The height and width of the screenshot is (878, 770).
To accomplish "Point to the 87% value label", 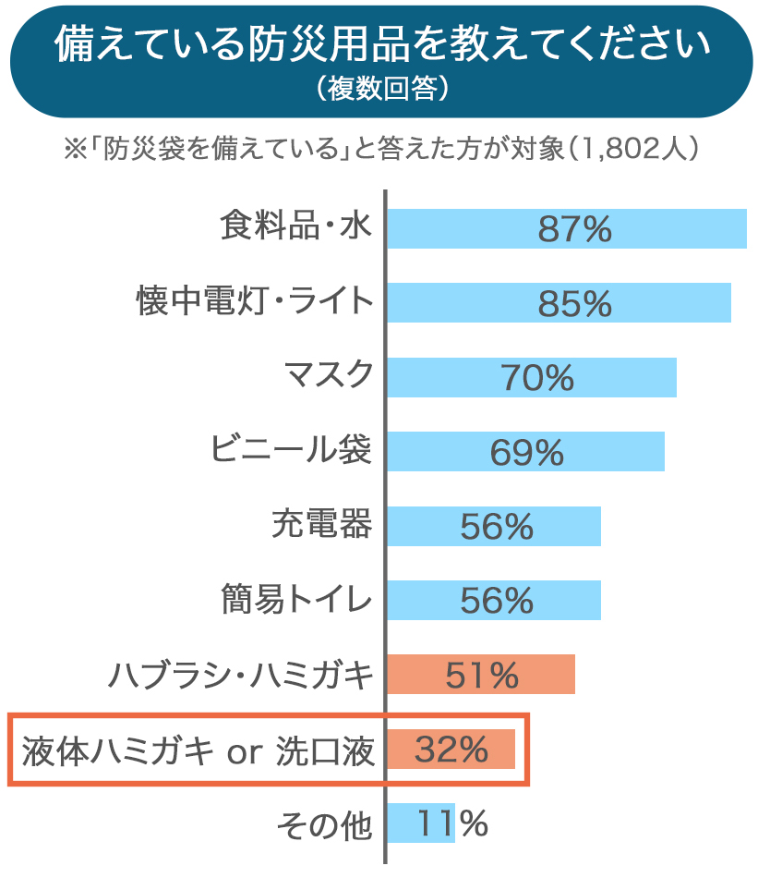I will coord(574,229).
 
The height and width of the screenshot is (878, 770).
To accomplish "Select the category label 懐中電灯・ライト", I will coord(256,302).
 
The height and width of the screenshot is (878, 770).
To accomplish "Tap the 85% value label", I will coord(574,303).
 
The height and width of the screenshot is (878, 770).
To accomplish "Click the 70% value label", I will coord(537,377).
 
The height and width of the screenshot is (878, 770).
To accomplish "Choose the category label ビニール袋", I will coord(291,450).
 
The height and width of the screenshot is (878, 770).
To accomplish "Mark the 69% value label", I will coord(525,452).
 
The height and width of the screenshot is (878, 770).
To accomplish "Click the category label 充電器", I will coord(322,524).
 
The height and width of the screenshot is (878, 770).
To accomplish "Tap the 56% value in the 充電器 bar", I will coord(496,526).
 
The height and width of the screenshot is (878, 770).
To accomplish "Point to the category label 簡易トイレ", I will coord(297,600).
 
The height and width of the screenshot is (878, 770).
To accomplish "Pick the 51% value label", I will coord(482,676).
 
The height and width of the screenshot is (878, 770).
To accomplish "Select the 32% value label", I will coord(451,750).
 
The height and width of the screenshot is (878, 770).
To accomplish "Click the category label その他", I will coord(325,823).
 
